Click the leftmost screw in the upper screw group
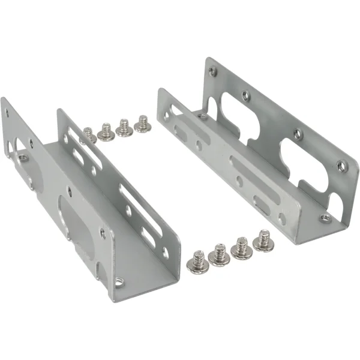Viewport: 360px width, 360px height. [88, 134]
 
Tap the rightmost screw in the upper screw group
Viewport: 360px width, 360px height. [143, 124]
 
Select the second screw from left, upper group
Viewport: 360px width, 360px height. [106, 131]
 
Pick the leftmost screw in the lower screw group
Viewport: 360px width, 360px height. [199, 262]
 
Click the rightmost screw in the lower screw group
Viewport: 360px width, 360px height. [262, 241]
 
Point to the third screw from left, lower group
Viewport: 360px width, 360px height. [242, 248]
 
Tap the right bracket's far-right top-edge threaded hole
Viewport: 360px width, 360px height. [341, 166]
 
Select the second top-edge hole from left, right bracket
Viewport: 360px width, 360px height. [245, 95]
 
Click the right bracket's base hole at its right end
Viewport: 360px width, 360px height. [325, 218]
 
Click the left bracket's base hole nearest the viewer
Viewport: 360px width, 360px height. [119, 280]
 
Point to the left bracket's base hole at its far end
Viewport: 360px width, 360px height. [23, 158]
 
